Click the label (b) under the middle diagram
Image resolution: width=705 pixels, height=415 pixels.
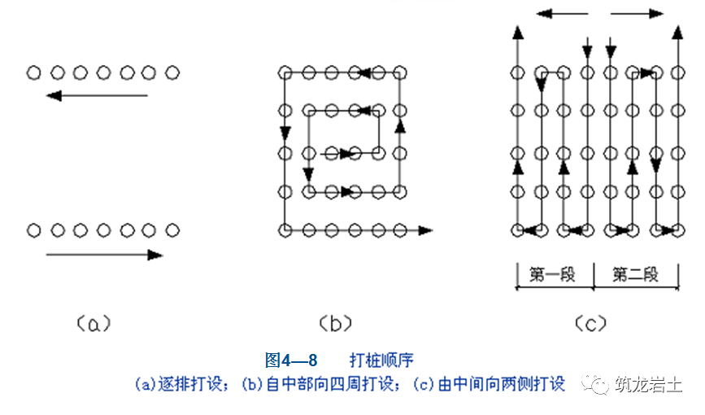[x=335, y=324]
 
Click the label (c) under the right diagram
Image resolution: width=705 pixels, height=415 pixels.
[x=591, y=324]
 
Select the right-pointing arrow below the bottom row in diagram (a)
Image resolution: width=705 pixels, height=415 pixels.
[x=104, y=255]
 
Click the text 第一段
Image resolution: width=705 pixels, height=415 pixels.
[x=552, y=274]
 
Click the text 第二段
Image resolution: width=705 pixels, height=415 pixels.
[x=635, y=274]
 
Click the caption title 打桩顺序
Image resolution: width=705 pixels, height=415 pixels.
[x=382, y=360]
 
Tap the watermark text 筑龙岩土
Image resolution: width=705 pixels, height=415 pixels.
[x=648, y=384]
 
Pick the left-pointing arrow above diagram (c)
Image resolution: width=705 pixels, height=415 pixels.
[x=561, y=14]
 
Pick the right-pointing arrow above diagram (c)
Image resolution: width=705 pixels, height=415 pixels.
[x=636, y=14]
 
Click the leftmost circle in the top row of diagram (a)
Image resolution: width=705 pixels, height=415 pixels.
[x=33, y=73]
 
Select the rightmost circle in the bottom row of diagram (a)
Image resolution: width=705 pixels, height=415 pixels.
[x=172, y=230]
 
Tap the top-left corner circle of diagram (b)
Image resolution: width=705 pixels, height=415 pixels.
[x=285, y=73]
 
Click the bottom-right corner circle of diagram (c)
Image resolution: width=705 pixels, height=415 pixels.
[x=678, y=230]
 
